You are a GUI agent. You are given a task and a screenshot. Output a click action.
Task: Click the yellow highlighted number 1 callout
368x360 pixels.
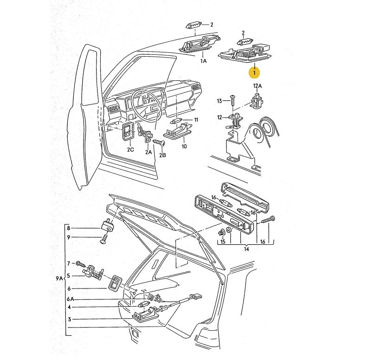(x=254, y=72)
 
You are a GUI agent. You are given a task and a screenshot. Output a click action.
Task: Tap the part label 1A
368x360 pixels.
(x=203, y=61)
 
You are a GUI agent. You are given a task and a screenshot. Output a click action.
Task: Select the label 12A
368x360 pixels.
(x=257, y=86)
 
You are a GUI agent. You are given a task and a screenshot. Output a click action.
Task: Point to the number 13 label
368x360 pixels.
(x=220, y=101)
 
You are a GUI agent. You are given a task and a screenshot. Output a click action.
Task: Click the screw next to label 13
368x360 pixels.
(x=233, y=100)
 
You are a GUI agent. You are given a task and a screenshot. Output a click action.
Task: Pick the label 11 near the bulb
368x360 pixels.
(x=196, y=120)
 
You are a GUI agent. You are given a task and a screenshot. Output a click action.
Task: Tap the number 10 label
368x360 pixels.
(x=184, y=146)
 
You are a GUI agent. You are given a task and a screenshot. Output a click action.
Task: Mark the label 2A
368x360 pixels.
(x=148, y=152)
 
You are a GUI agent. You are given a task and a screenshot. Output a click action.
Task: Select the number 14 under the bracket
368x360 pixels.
(x=246, y=249)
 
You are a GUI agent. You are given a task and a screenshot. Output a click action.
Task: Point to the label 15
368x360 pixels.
(x=222, y=242)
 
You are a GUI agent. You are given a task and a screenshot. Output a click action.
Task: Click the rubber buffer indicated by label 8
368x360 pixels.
(x=109, y=225)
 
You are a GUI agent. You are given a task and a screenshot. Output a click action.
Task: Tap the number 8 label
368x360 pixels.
(x=69, y=228)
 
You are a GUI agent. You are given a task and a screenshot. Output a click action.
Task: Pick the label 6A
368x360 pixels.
(x=70, y=300)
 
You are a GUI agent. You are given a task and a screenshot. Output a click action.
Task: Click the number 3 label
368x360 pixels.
(x=69, y=319)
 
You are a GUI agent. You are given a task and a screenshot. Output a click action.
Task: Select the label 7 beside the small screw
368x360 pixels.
(x=68, y=263)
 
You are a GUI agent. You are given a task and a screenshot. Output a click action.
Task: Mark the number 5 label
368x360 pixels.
(x=68, y=275)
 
